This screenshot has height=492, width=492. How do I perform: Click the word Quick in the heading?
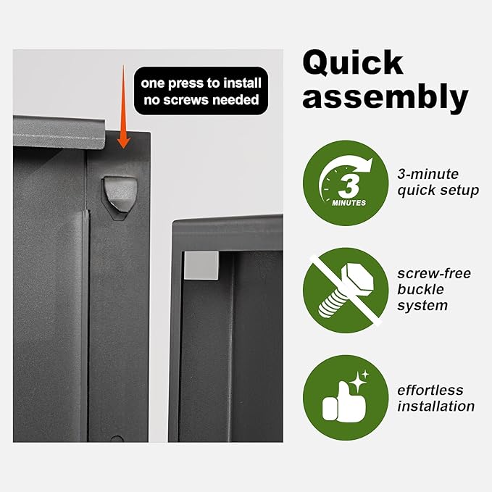click(x=353, y=63)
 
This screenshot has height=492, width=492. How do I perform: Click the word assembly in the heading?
click(x=385, y=96)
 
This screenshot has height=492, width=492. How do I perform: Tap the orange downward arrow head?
click(x=123, y=141)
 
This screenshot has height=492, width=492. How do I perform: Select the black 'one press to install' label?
click(x=201, y=91)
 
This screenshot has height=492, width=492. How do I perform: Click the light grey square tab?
click(x=201, y=265)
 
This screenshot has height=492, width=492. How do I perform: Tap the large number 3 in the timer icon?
click(x=348, y=186)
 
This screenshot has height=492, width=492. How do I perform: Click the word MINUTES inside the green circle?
click(x=349, y=203)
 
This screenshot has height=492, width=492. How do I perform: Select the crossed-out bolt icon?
click(x=346, y=291)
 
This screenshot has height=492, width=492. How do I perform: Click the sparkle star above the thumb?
click(x=359, y=382)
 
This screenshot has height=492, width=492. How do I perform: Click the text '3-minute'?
click(x=428, y=174)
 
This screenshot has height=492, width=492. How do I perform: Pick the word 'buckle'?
click(x=420, y=289)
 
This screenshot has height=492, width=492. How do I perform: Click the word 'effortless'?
click(x=430, y=391)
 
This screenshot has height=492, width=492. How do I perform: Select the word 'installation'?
click(x=435, y=406)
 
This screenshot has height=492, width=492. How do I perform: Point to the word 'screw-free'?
click(x=434, y=274)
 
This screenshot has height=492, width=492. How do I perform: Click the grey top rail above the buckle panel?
click(x=59, y=132)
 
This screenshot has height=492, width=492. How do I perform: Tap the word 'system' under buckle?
click(x=422, y=306)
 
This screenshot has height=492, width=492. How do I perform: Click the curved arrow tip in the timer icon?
click(x=369, y=162)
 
